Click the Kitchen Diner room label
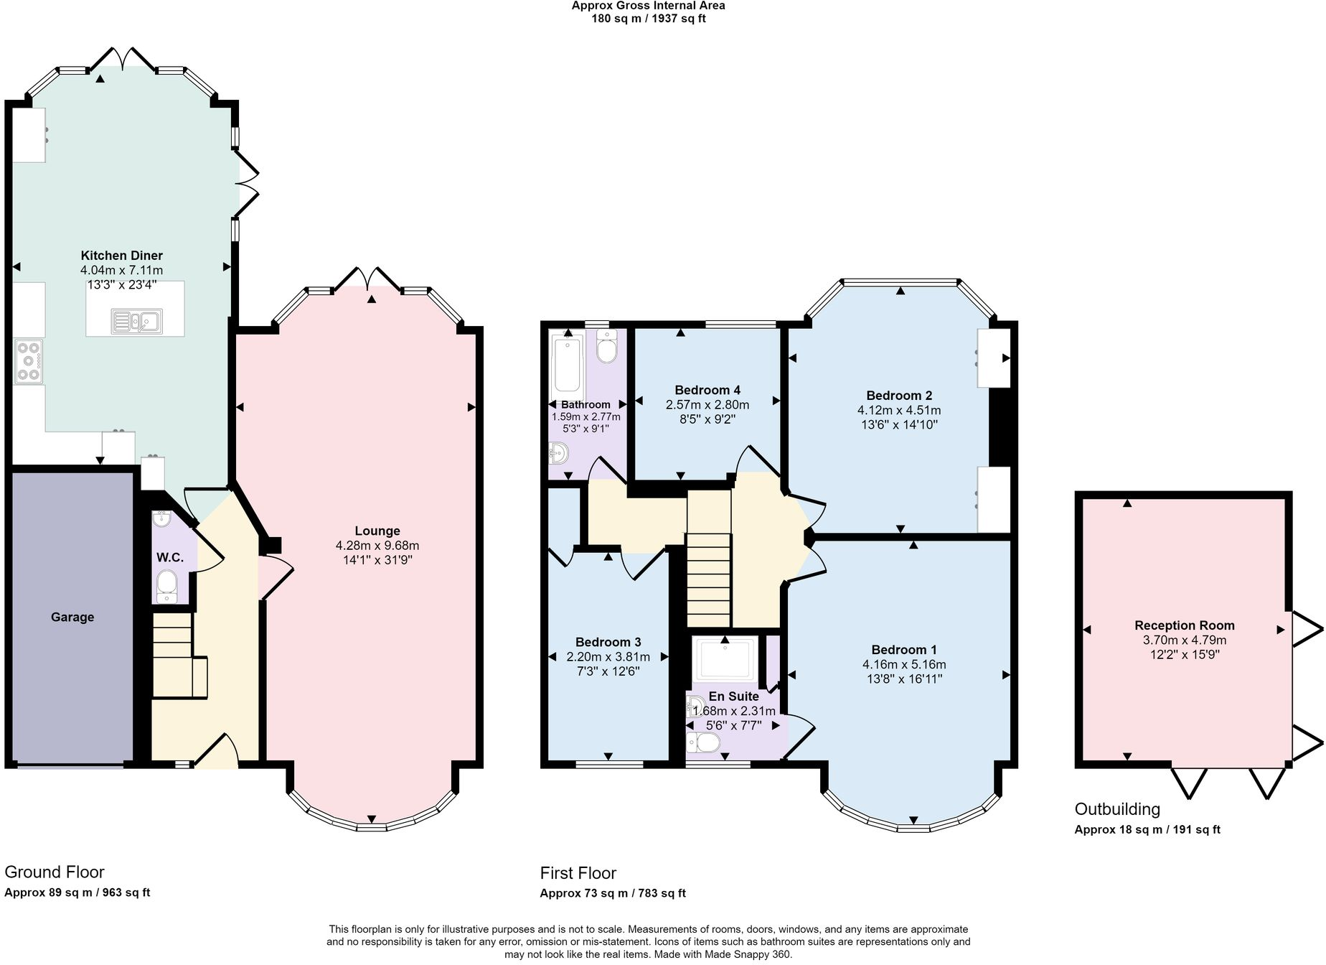[x=121, y=256]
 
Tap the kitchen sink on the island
[x=136, y=320]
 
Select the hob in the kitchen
[x=29, y=361]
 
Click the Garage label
[x=72, y=617]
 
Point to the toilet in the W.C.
[x=166, y=584]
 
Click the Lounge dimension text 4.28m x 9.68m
[x=377, y=546]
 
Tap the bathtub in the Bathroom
[x=568, y=368]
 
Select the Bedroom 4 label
[x=707, y=390]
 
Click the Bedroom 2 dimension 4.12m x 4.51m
[x=899, y=410]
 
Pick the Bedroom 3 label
[x=608, y=642]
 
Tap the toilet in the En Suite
[x=703, y=743]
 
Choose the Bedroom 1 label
[x=904, y=650]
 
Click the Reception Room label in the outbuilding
[x=1185, y=625]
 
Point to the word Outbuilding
[x=1117, y=809]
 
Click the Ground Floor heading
[x=55, y=872]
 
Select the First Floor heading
[x=578, y=873]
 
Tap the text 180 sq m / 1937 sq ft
[x=648, y=19]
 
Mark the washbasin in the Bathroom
[x=558, y=452]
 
